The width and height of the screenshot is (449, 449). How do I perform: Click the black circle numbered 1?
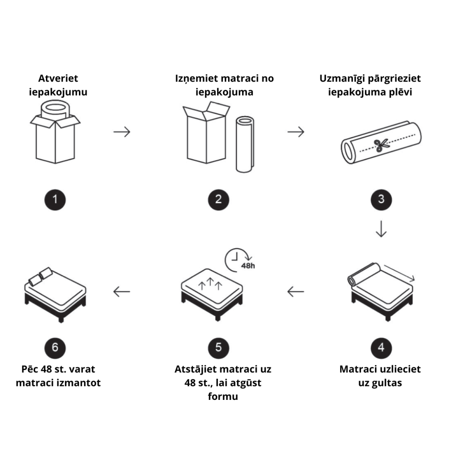55,200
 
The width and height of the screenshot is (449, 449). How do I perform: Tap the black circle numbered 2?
218,200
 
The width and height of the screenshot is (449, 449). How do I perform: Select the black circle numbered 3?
381,200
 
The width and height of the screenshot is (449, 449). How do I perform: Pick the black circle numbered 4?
381,348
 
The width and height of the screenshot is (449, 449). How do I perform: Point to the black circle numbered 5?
218,348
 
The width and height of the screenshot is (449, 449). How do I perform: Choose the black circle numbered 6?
55,348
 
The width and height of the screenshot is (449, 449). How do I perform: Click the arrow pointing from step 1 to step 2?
122,132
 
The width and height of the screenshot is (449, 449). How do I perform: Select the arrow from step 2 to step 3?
296,132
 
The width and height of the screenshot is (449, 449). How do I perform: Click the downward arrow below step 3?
381,229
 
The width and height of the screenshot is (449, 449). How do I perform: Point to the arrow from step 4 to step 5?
296,291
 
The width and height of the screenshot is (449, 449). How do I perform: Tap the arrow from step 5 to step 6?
122,291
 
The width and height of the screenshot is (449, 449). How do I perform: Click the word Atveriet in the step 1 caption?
58,78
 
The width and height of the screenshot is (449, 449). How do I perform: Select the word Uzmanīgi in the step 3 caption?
343,78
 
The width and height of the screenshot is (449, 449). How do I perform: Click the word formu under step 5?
223,397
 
